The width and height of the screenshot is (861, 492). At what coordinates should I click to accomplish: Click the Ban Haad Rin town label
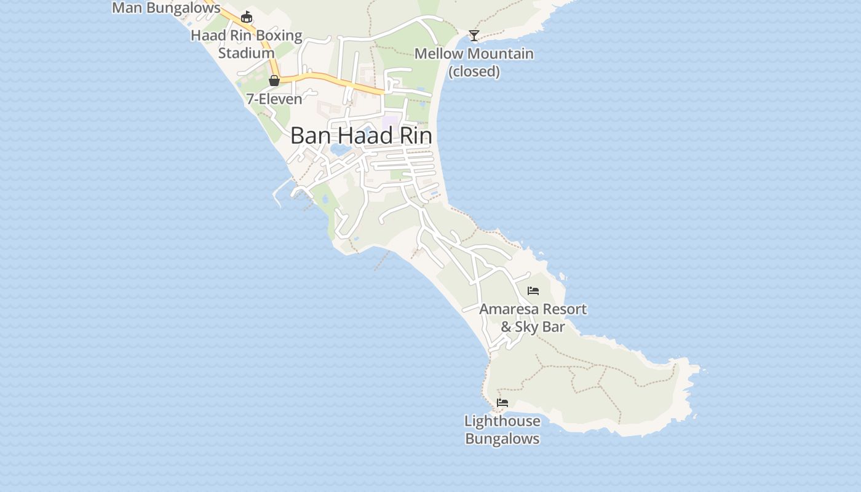coord(360,135)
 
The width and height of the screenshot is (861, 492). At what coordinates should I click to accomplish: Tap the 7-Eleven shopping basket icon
coord(274,81)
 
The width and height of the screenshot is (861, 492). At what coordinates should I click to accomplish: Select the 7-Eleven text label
coord(274,99)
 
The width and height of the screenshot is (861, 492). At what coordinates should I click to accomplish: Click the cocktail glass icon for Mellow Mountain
coord(474,35)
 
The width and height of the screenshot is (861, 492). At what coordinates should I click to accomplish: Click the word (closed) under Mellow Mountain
coord(474,71)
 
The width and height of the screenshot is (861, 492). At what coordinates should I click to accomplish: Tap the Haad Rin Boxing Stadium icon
coord(247,17)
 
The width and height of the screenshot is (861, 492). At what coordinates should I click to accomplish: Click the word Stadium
coord(247,53)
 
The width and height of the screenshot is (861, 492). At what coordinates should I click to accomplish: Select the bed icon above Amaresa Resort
coord(533,290)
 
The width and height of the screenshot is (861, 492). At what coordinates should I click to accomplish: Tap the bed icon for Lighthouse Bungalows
coord(502,403)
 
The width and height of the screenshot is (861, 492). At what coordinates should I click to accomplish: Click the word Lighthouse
coord(502,421)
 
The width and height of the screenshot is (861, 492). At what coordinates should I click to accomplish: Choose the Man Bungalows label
coord(166,8)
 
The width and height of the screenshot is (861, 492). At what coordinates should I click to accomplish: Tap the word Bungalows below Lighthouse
coord(502,439)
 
